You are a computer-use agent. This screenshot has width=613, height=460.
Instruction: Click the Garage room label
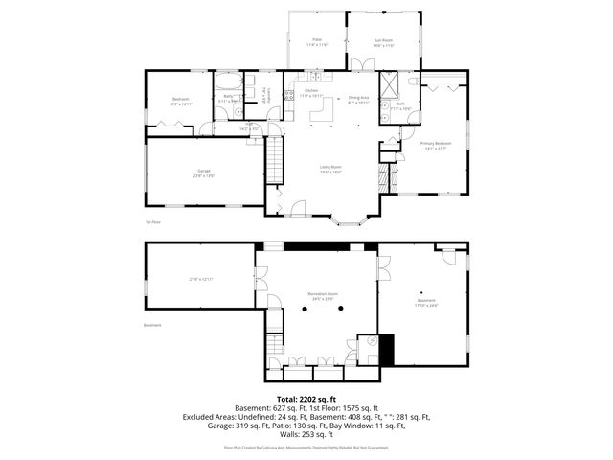[204, 172]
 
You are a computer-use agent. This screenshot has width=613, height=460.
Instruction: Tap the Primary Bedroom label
[435, 146]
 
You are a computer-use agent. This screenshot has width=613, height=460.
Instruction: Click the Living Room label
[330, 169]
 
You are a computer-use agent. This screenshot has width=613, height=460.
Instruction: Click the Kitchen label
[311, 93]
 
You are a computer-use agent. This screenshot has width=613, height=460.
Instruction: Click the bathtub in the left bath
[229, 81]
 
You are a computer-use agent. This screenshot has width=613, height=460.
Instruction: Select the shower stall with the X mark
[388, 83]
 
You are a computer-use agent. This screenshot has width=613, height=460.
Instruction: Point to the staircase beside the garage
[275, 159]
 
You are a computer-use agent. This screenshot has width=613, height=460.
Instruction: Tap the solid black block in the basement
[387, 348]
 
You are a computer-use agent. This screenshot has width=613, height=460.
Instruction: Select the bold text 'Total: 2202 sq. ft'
[306, 399]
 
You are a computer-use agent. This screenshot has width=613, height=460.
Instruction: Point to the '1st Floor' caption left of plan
[152, 221]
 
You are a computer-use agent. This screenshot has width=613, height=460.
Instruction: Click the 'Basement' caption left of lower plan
[152, 325]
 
